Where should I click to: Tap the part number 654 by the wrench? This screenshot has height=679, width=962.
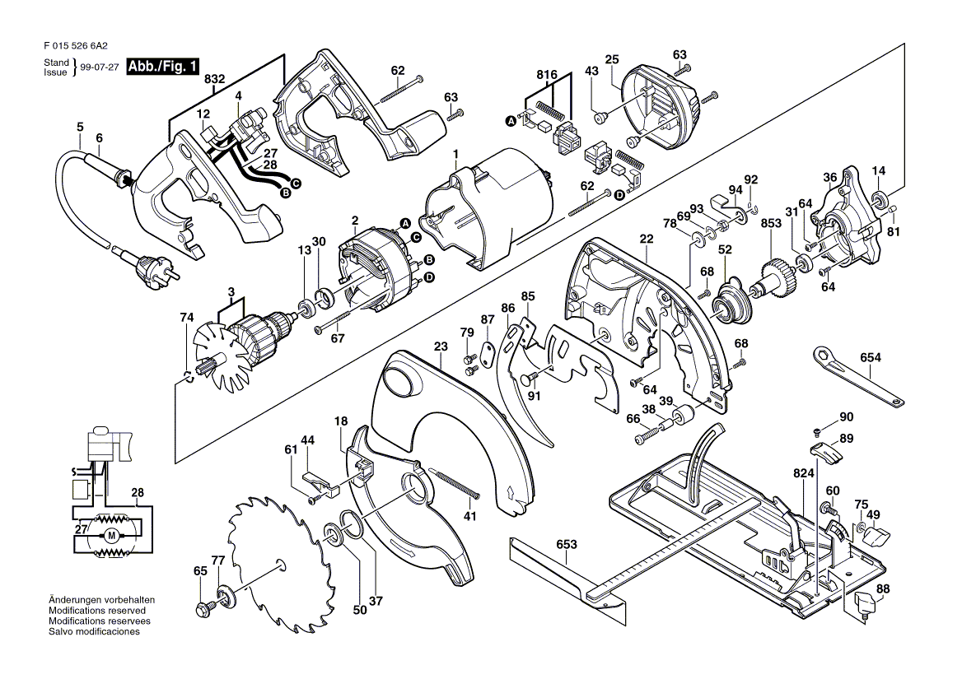(x=870, y=358)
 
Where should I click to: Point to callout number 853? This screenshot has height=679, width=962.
(x=771, y=224)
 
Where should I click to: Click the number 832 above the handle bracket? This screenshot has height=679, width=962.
(x=214, y=79)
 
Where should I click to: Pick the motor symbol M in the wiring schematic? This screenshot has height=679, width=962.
(x=111, y=536)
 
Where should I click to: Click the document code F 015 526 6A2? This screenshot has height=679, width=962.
(x=79, y=47)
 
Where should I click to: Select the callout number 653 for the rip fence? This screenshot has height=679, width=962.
(x=566, y=544)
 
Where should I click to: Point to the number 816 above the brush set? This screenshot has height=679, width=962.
(x=547, y=74)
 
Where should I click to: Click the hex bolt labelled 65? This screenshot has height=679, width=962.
(x=203, y=610)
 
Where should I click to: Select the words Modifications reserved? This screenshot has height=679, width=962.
(x=97, y=611)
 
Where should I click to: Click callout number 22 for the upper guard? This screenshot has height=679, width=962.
(x=646, y=240)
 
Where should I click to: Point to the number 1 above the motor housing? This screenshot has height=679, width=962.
(x=455, y=154)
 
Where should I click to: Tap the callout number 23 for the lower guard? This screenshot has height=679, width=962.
(x=441, y=346)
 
